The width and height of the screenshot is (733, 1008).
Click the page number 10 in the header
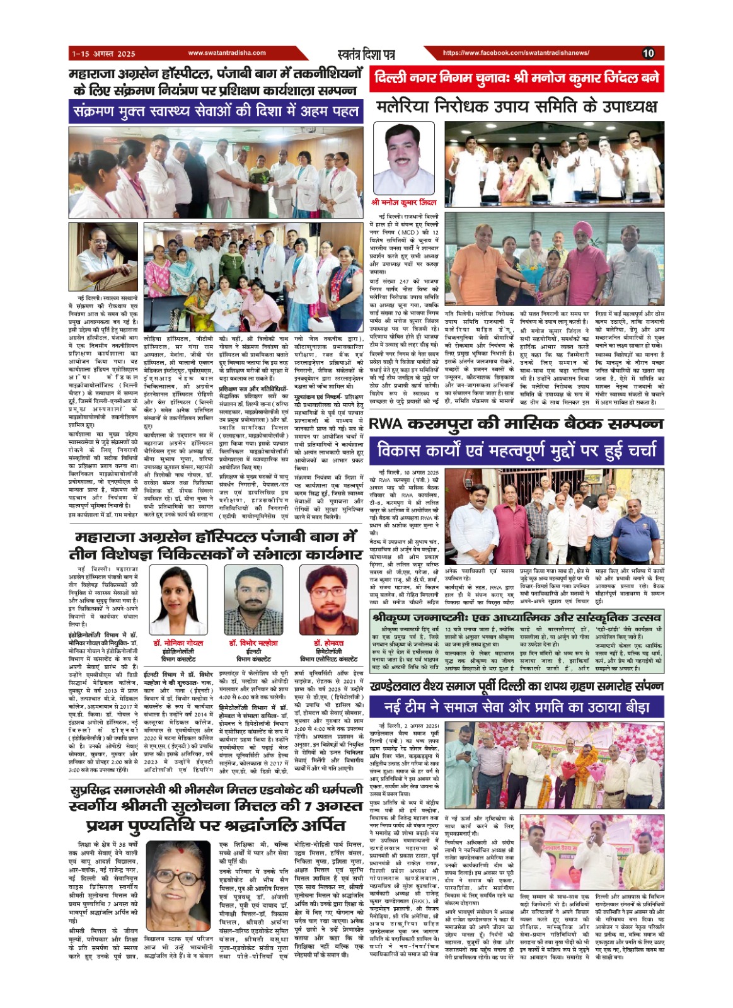[648, 54]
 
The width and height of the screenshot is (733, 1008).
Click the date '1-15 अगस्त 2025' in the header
[103, 54]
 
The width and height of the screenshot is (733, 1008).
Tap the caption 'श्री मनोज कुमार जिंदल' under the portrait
[404, 203]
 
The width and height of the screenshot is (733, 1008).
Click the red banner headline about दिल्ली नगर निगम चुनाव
[516, 79]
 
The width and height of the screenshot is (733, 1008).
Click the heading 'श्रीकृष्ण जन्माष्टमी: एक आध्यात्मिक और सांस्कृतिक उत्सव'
[516, 616]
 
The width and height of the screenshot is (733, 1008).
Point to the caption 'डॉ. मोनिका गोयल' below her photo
[178, 643]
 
